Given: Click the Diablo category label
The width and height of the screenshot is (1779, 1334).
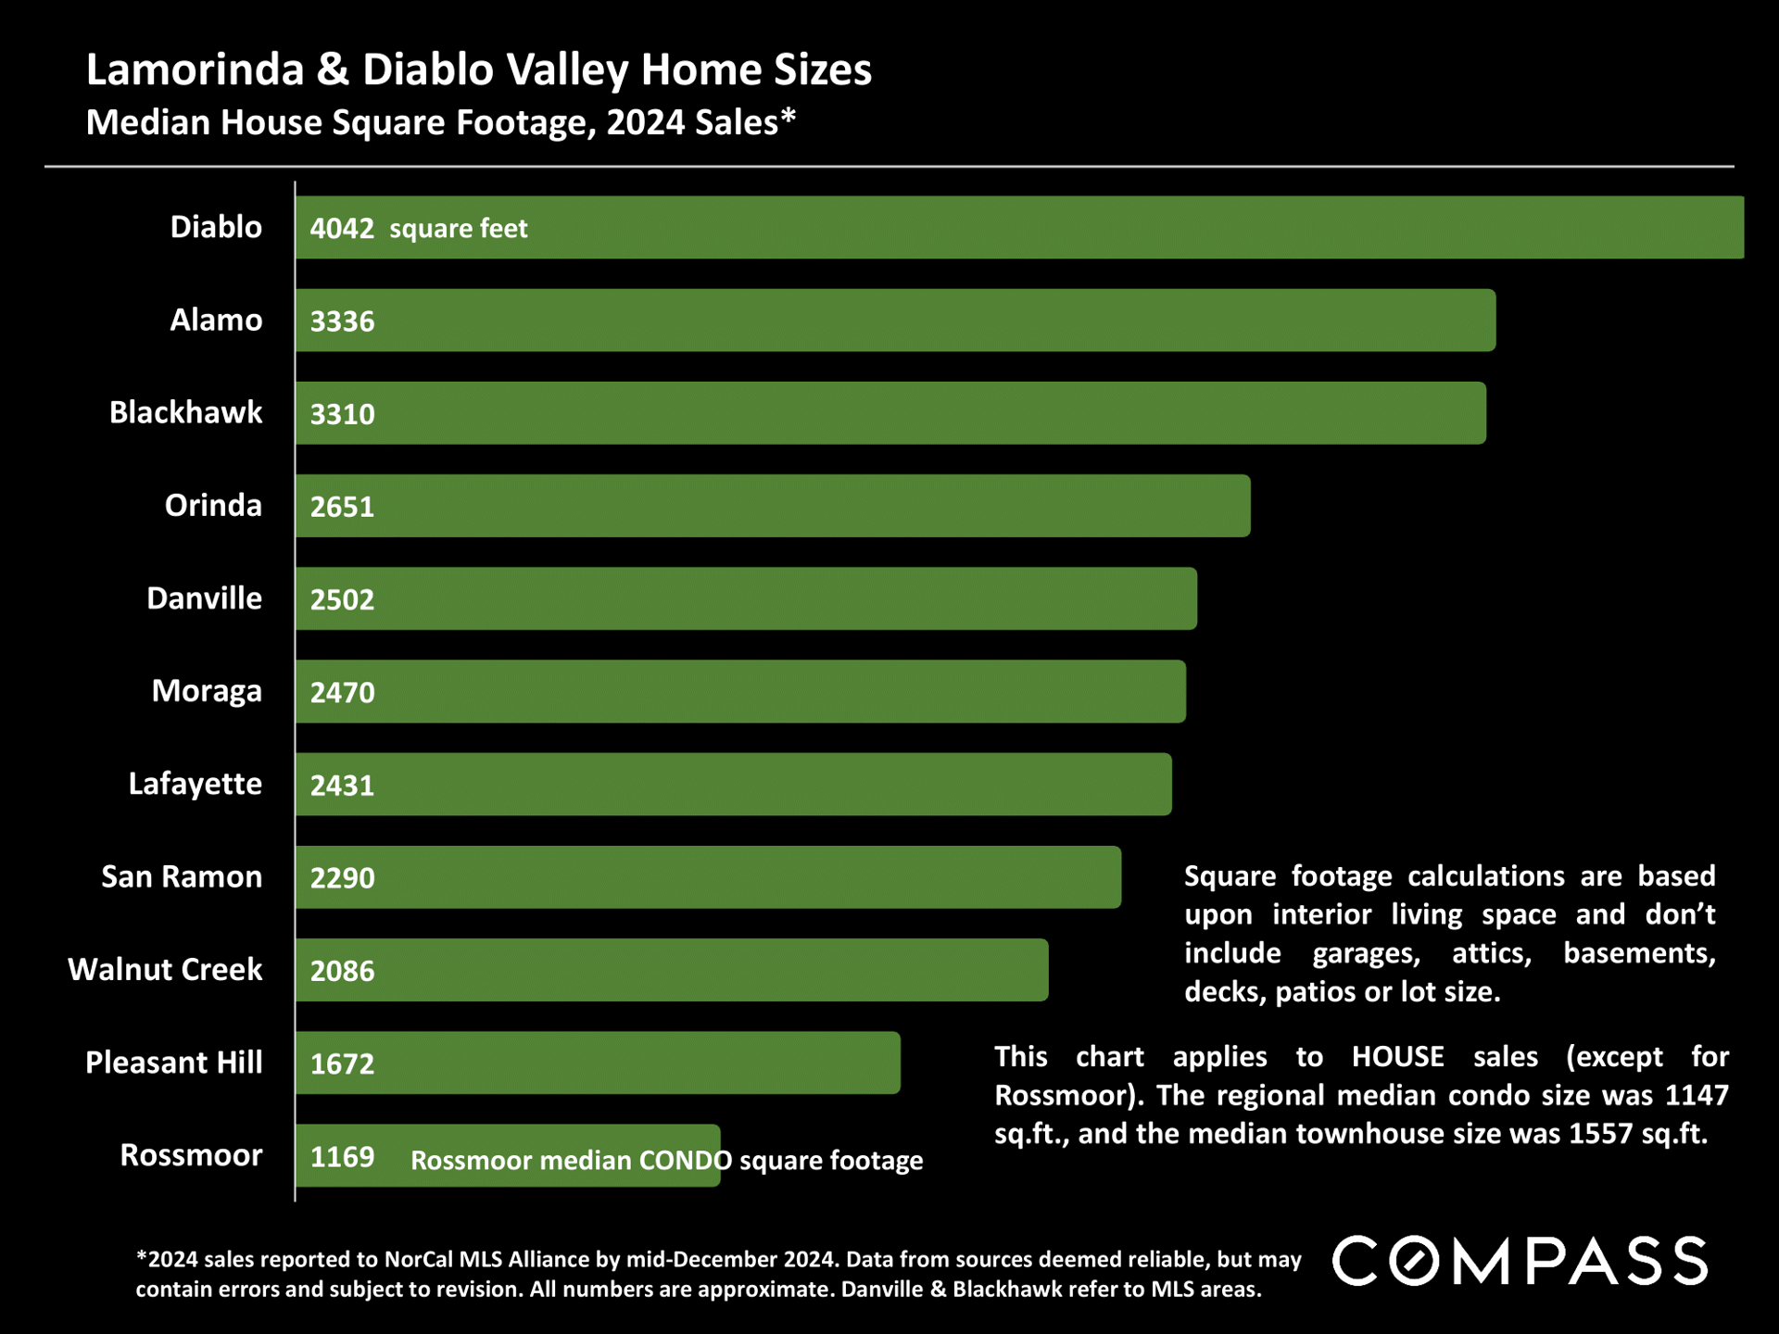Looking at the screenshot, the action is tap(216, 227).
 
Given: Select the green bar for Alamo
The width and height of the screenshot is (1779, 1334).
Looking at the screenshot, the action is tap(895, 321).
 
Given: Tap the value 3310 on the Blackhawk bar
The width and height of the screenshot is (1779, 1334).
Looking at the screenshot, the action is tap(342, 414).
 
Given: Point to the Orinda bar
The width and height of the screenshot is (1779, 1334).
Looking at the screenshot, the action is tap(773, 506).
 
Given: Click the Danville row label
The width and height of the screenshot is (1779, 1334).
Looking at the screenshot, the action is tap(204, 598).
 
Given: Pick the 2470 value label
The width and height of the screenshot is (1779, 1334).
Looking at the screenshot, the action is tap(342, 693).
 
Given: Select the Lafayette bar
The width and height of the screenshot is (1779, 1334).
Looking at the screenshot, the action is tap(734, 785).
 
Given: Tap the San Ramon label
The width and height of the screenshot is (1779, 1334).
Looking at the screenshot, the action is tap(182, 876).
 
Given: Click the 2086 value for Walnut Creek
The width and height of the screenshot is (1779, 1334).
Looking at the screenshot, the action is tap(342, 971).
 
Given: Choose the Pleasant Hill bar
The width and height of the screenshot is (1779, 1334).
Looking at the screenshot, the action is tap(598, 1063).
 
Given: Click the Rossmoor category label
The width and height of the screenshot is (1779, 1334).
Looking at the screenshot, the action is tap(191, 1155).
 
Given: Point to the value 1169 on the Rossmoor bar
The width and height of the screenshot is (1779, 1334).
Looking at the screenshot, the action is tap(342, 1156).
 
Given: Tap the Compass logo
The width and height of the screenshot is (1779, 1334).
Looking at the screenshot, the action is tap(1520, 1261).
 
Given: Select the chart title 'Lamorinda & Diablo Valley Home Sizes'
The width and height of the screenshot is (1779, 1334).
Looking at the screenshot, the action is tap(479, 70).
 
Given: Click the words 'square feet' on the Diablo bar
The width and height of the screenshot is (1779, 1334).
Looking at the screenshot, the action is tap(458, 229).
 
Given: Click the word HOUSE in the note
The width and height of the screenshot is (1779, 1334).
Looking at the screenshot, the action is tap(1397, 1057).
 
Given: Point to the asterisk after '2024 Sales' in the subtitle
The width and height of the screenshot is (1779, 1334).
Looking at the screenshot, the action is tap(789, 116).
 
